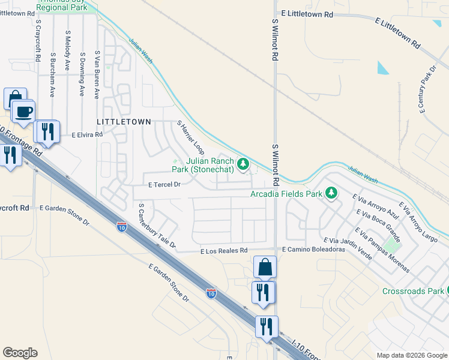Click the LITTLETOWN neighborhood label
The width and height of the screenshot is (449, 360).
124,121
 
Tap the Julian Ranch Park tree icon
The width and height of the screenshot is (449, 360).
243,163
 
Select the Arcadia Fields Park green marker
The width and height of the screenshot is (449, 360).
331,193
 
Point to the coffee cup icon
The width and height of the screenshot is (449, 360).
23,112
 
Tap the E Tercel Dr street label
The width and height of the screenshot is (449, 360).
164,185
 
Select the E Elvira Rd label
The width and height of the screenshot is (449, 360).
87,135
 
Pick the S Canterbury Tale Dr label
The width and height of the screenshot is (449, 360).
157,226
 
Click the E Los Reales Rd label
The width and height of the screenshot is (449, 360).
224,250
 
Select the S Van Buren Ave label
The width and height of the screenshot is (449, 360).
97,74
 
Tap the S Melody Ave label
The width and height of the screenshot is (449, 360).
68,51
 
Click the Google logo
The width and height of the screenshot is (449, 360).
20,353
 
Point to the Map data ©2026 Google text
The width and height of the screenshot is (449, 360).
412,355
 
